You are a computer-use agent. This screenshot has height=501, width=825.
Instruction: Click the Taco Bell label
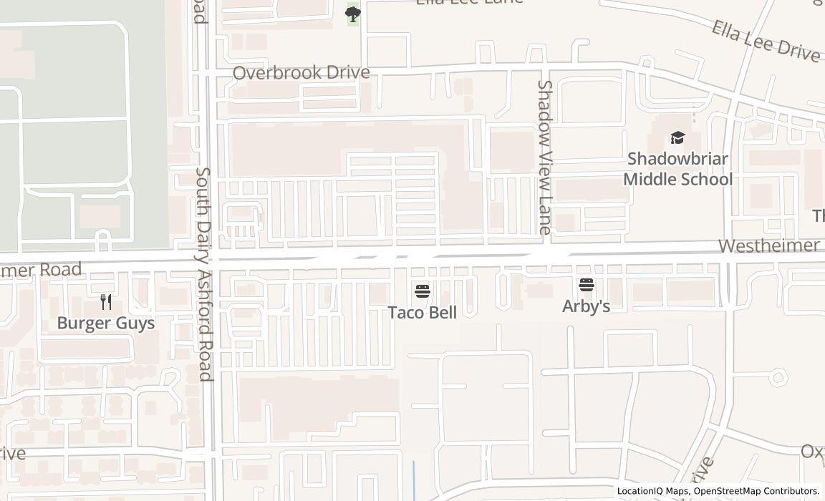[423, 312]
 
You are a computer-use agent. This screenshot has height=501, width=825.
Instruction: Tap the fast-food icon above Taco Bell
[423, 291]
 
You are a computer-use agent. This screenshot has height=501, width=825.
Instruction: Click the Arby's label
[586, 306]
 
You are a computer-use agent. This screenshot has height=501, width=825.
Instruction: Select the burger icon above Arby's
[587, 285]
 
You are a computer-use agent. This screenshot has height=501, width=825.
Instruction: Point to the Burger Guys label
[105, 323]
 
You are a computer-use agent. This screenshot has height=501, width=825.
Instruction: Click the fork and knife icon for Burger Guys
[106, 301]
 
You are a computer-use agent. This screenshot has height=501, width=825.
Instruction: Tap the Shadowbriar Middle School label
[677, 169]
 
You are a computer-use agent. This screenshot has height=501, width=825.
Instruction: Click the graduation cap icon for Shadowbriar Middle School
[677, 137]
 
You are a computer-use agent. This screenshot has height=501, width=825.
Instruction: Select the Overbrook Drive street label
[301, 73]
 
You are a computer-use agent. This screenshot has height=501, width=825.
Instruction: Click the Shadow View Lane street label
[544, 157]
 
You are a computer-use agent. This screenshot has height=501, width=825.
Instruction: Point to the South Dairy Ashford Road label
[205, 274]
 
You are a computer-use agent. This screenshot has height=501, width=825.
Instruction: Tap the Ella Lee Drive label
[766, 42]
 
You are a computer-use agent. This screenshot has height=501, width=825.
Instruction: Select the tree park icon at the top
[353, 13]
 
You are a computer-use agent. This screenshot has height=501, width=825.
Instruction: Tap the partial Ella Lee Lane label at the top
[470, 2]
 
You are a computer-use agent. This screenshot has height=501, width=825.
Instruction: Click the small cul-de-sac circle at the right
[778, 377]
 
